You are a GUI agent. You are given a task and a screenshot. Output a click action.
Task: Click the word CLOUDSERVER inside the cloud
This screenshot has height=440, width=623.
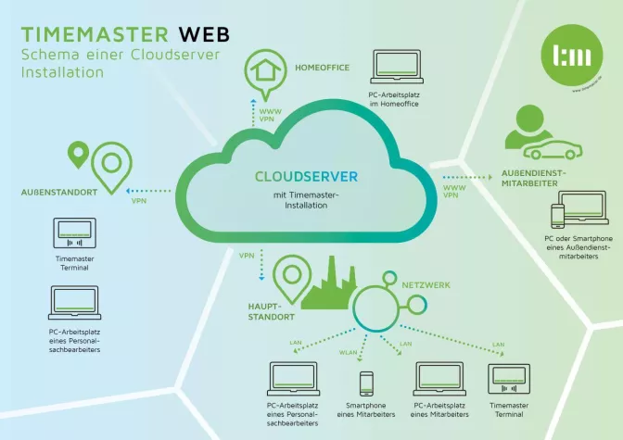pos(305,176)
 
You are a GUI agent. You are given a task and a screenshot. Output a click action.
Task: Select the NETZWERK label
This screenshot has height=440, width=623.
pos(426,285)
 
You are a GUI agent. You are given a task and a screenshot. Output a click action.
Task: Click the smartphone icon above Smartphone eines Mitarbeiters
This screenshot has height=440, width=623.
pos(366,383)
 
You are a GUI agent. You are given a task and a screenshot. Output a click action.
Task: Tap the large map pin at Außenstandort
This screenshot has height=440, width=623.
pos(112,167)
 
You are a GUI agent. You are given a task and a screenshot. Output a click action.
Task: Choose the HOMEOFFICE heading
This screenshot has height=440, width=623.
pos(324,68)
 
